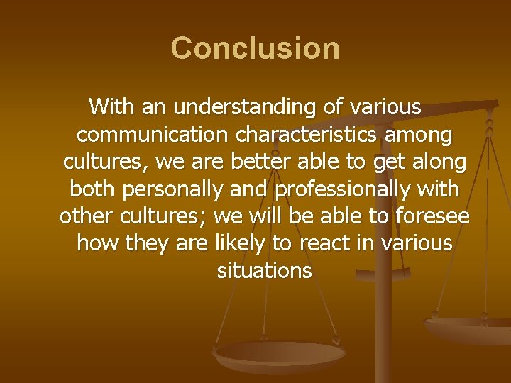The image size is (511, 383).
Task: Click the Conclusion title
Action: (x=255, y=49)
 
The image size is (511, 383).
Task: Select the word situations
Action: (x=264, y=270)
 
